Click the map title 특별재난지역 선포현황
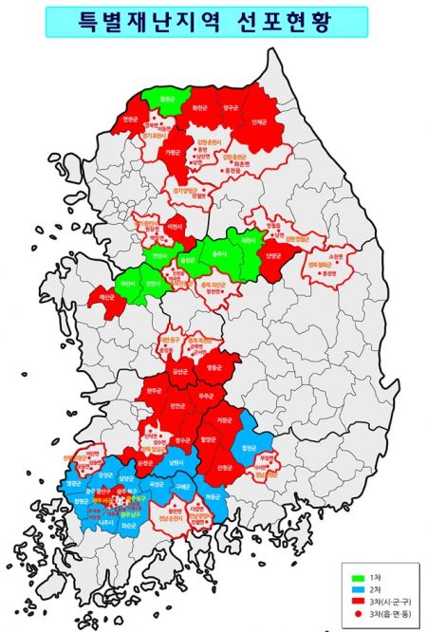[206, 21]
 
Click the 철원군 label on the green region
[168, 99]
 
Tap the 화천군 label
[200, 109]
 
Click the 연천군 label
[131, 120]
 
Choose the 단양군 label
[273, 255]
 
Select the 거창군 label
[224, 419]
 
